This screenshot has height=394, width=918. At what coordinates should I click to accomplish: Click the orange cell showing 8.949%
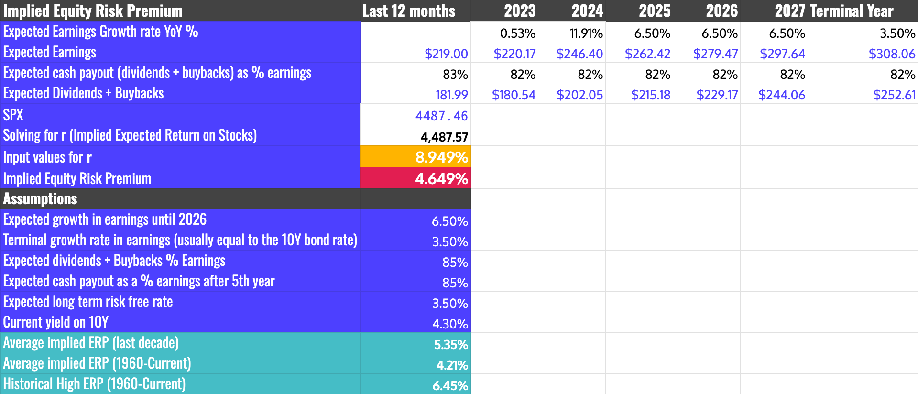[x=415, y=157]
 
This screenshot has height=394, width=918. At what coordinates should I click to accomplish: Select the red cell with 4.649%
[x=415, y=178]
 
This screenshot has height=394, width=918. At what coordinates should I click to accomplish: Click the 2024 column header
[x=587, y=11]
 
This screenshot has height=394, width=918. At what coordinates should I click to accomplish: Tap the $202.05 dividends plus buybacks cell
[x=579, y=95]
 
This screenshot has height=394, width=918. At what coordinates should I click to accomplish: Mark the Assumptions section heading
[x=40, y=199]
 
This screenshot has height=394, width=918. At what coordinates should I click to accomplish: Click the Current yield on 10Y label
[x=56, y=322]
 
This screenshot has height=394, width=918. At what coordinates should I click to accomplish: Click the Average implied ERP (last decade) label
[x=91, y=343]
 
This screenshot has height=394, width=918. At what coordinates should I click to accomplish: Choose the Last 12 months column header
[x=409, y=11]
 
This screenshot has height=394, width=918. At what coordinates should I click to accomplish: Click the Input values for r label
[x=47, y=157]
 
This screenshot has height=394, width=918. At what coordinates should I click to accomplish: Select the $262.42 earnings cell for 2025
[x=647, y=54]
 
